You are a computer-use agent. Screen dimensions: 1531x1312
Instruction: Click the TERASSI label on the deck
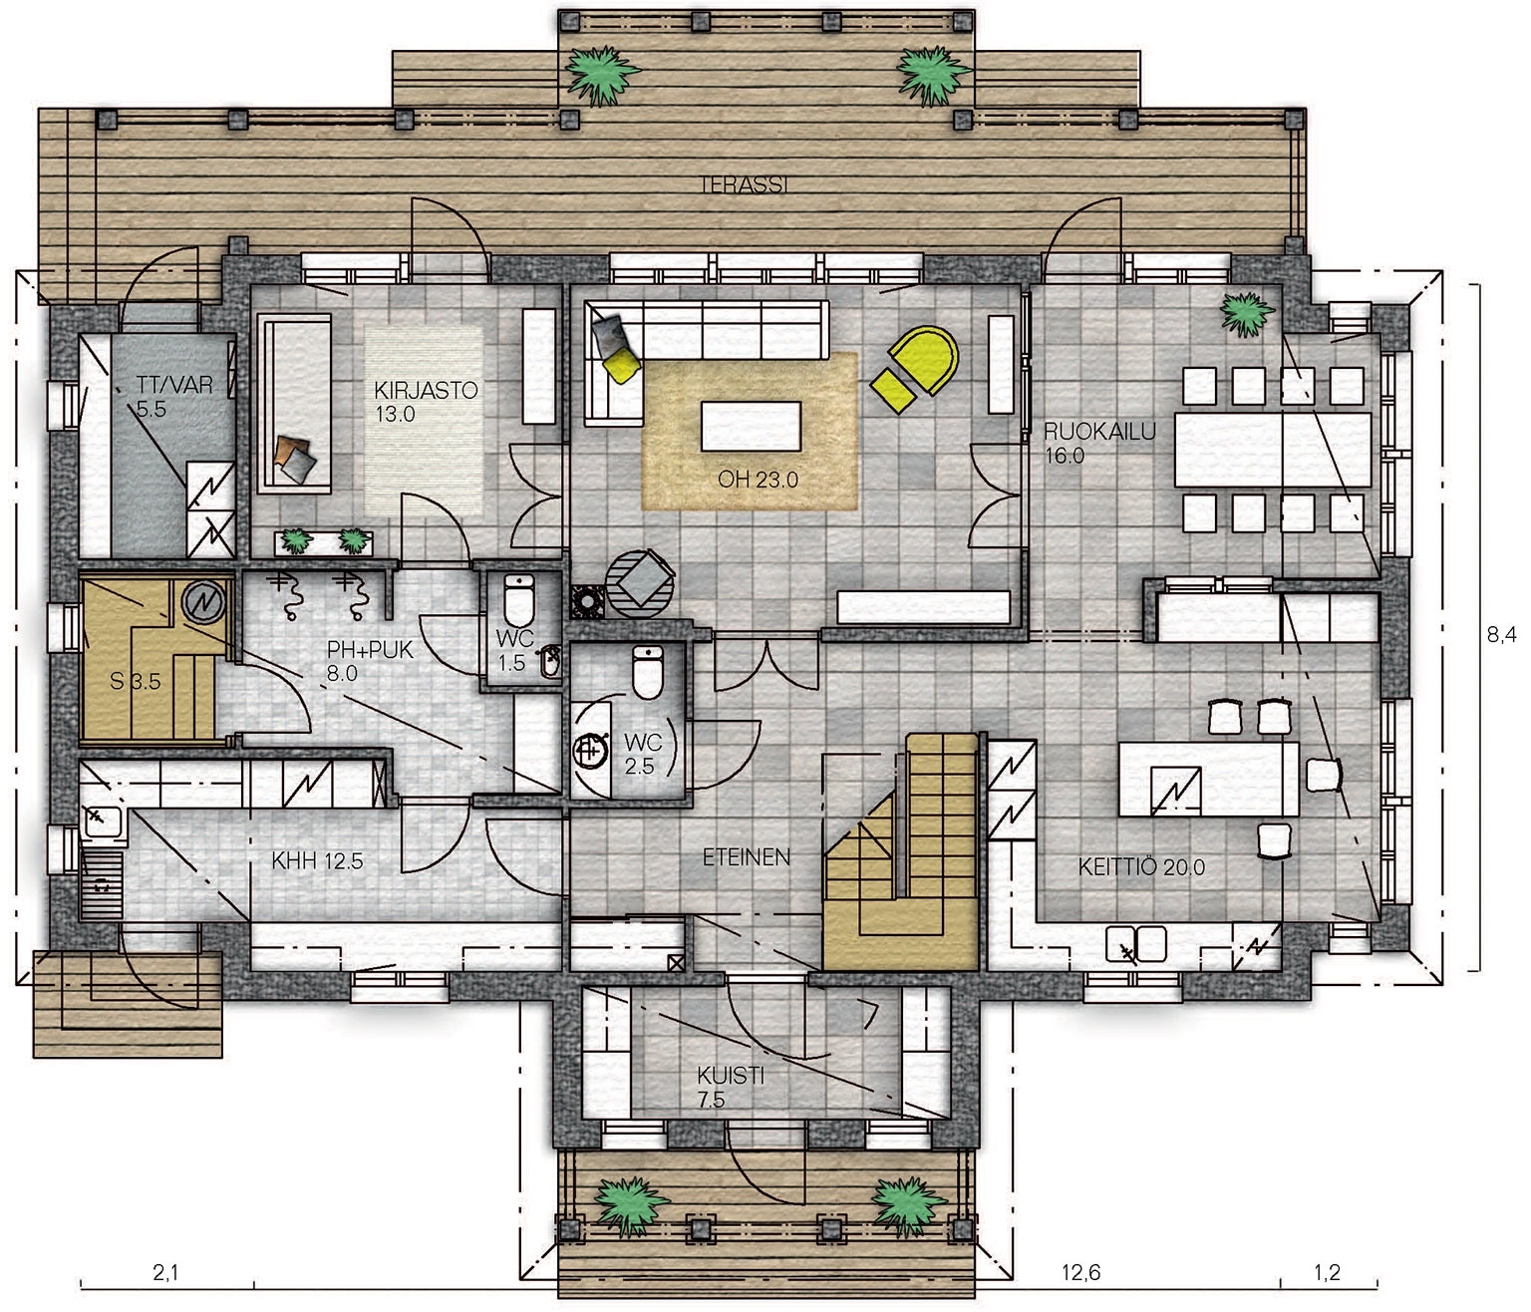pos(744,184)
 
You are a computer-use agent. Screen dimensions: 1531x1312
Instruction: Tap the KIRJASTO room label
pos(426,390)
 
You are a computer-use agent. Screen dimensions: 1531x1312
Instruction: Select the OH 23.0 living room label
pos(758,481)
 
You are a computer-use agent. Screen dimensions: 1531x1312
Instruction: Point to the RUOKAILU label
pos(1100,431)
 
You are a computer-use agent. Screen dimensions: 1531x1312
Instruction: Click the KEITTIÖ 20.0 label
pos(1141,866)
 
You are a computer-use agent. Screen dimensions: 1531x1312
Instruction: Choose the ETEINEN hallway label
pos(747,857)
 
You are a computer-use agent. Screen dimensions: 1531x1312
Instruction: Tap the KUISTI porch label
pos(731,1075)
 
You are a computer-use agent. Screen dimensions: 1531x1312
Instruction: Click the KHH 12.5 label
pos(317,860)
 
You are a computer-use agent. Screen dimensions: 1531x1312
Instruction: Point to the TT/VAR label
pos(174,385)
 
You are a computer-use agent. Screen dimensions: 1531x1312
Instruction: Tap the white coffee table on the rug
pos(752,426)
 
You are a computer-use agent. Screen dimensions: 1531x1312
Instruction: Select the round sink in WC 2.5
pos(590,750)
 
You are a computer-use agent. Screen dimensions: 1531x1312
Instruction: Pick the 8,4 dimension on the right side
pos(1502,634)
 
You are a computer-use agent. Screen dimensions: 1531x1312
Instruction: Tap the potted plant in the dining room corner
pos(1249,314)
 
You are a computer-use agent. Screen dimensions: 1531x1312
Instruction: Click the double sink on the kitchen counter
pos(1136,944)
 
